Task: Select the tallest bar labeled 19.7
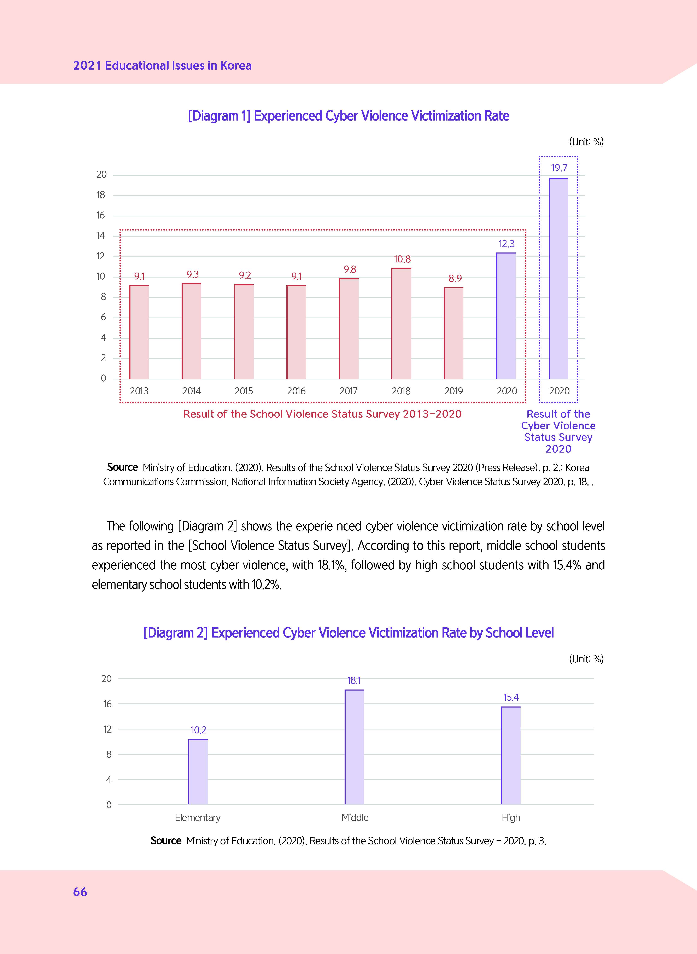(x=558, y=279)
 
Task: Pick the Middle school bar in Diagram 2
(x=355, y=747)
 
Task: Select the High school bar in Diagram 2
(x=510, y=755)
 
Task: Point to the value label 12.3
(x=506, y=244)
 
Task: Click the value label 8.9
(x=455, y=279)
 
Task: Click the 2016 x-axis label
(x=296, y=391)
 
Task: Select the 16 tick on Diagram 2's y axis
(x=108, y=704)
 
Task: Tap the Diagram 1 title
(x=348, y=116)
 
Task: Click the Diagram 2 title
(x=348, y=633)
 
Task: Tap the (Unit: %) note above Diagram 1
(x=586, y=142)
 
